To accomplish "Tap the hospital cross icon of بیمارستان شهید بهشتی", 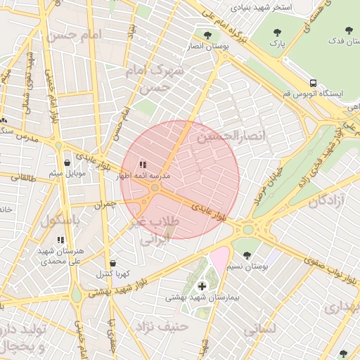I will coord(202,286).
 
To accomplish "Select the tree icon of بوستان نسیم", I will coord(246,255).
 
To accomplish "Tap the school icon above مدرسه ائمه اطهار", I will coord(143,165).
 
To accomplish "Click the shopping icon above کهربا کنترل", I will coord(112,263).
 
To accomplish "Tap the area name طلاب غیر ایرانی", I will coord(155,230).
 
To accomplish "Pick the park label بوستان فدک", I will coord(335,41).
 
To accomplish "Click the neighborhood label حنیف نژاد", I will coord(164,326).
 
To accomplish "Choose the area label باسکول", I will coord(61,220).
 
